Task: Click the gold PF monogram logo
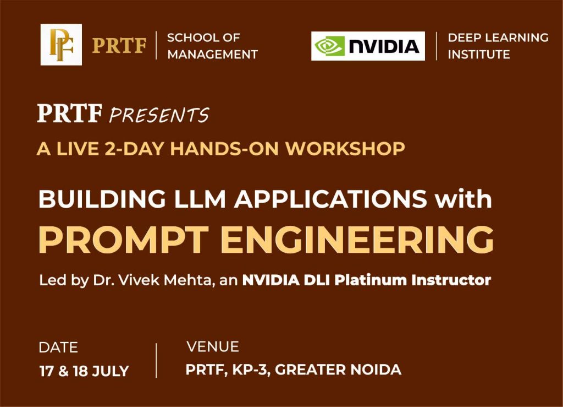coord(61,45)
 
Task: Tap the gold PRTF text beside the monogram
coord(119,46)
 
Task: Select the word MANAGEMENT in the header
coord(213,55)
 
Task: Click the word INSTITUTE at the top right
coord(479,55)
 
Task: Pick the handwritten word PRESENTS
coord(159,115)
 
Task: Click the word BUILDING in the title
coord(102,199)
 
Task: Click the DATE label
coord(58,348)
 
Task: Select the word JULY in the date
coord(110,371)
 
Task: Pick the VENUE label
coord(213,346)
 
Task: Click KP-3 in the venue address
coord(251,370)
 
